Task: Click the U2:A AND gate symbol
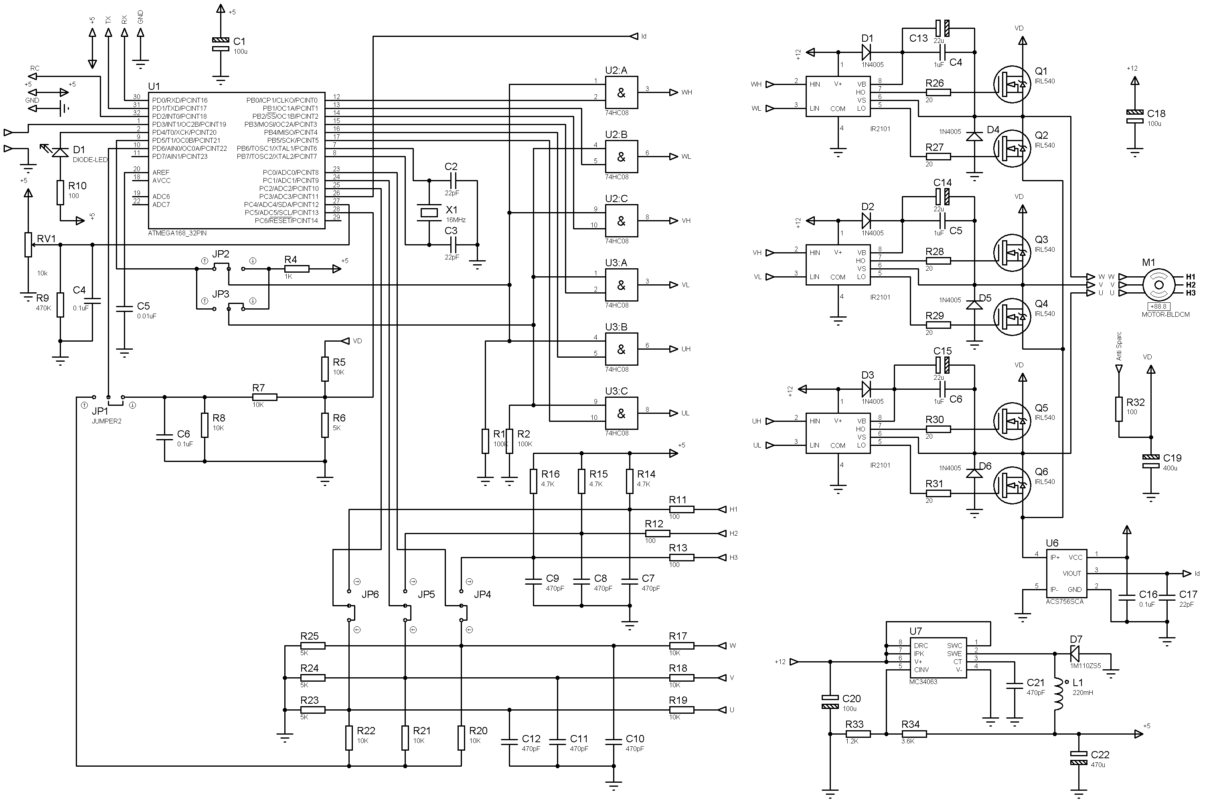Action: [x=622, y=93]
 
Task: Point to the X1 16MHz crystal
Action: [x=429, y=212]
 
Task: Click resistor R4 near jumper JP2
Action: [x=297, y=269]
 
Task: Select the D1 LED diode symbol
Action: [x=61, y=151]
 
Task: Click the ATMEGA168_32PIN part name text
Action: [x=177, y=233]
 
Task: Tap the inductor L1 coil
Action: [x=1059, y=695]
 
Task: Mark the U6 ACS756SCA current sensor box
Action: [x=1066, y=573]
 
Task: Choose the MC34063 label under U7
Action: [x=923, y=682]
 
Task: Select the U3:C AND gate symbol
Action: [x=622, y=413]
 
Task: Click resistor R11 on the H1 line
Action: [x=681, y=509]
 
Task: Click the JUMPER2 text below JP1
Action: [x=106, y=421]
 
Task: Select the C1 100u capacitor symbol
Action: [x=221, y=45]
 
